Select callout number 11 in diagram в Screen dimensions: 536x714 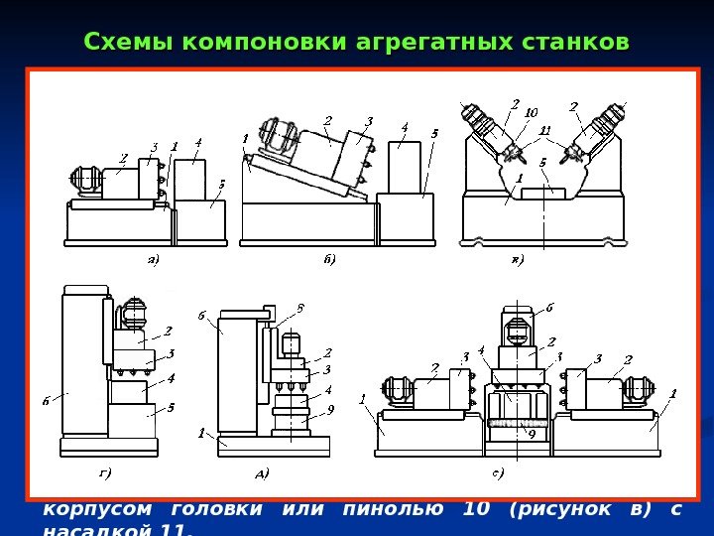tap(544, 130)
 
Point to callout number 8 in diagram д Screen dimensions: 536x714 tap(300, 308)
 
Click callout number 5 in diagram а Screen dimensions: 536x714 tap(221, 184)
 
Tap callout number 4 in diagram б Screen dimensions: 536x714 tap(405, 127)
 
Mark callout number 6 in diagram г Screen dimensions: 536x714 tap(46, 400)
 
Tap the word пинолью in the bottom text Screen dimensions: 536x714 tap(399, 510)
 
